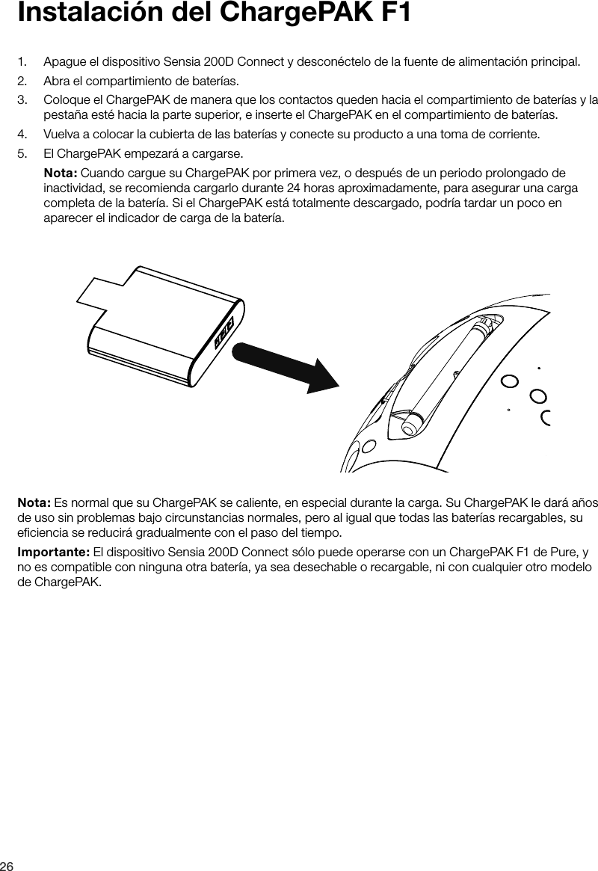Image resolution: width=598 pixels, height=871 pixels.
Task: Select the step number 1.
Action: pyautogui.click(x=22, y=61)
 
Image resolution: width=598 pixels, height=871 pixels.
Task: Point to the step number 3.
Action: pyautogui.click(x=22, y=100)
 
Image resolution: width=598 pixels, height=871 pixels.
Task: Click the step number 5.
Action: pyautogui.click(x=22, y=155)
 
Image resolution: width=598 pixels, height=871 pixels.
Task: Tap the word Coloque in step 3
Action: pyautogui.click(x=65, y=100)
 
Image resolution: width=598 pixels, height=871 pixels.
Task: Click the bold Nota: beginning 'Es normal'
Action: pyautogui.click(x=34, y=499)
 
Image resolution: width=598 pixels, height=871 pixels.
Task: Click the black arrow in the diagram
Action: pyautogui.click(x=284, y=365)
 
